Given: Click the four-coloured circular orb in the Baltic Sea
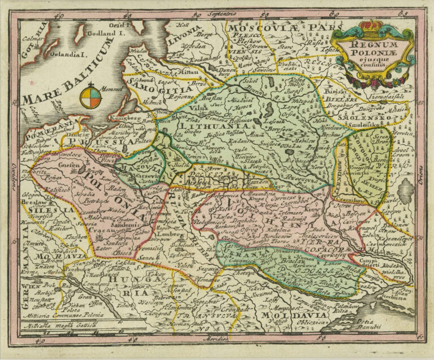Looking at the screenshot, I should pos(90,97).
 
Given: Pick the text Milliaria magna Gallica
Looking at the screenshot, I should pos(62,339).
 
